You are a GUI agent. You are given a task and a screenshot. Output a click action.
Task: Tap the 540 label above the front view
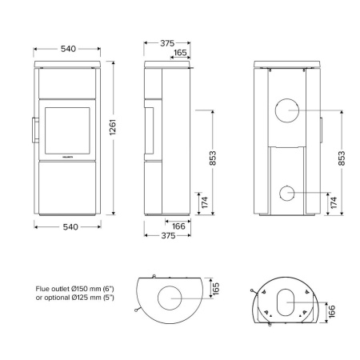click(x=68, y=49)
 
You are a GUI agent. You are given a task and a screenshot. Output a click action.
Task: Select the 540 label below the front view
click(x=69, y=227)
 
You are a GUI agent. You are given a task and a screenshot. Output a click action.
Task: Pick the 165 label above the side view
click(x=181, y=54)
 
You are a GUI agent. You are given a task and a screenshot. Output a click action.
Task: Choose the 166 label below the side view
click(x=180, y=226)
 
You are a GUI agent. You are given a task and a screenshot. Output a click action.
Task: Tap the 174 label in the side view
click(x=204, y=202)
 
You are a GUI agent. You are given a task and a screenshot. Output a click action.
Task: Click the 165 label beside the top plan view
click(x=214, y=286)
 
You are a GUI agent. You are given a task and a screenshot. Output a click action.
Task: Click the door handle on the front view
click(x=34, y=129)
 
